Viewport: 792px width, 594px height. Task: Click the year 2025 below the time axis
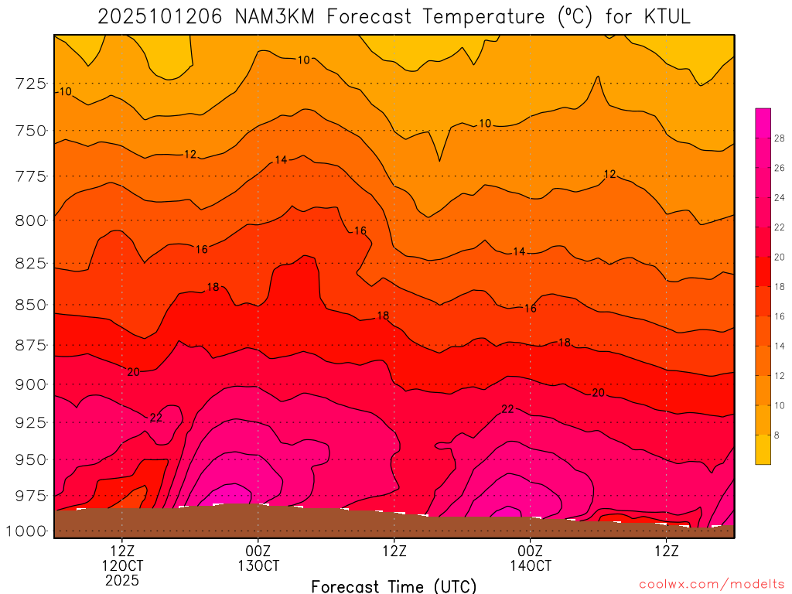click(122, 579)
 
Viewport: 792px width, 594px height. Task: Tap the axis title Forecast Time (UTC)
click(394, 585)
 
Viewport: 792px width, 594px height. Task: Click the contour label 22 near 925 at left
click(156, 418)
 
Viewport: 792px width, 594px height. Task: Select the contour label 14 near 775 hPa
click(281, 160)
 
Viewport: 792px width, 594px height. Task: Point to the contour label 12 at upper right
click(609, 174)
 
